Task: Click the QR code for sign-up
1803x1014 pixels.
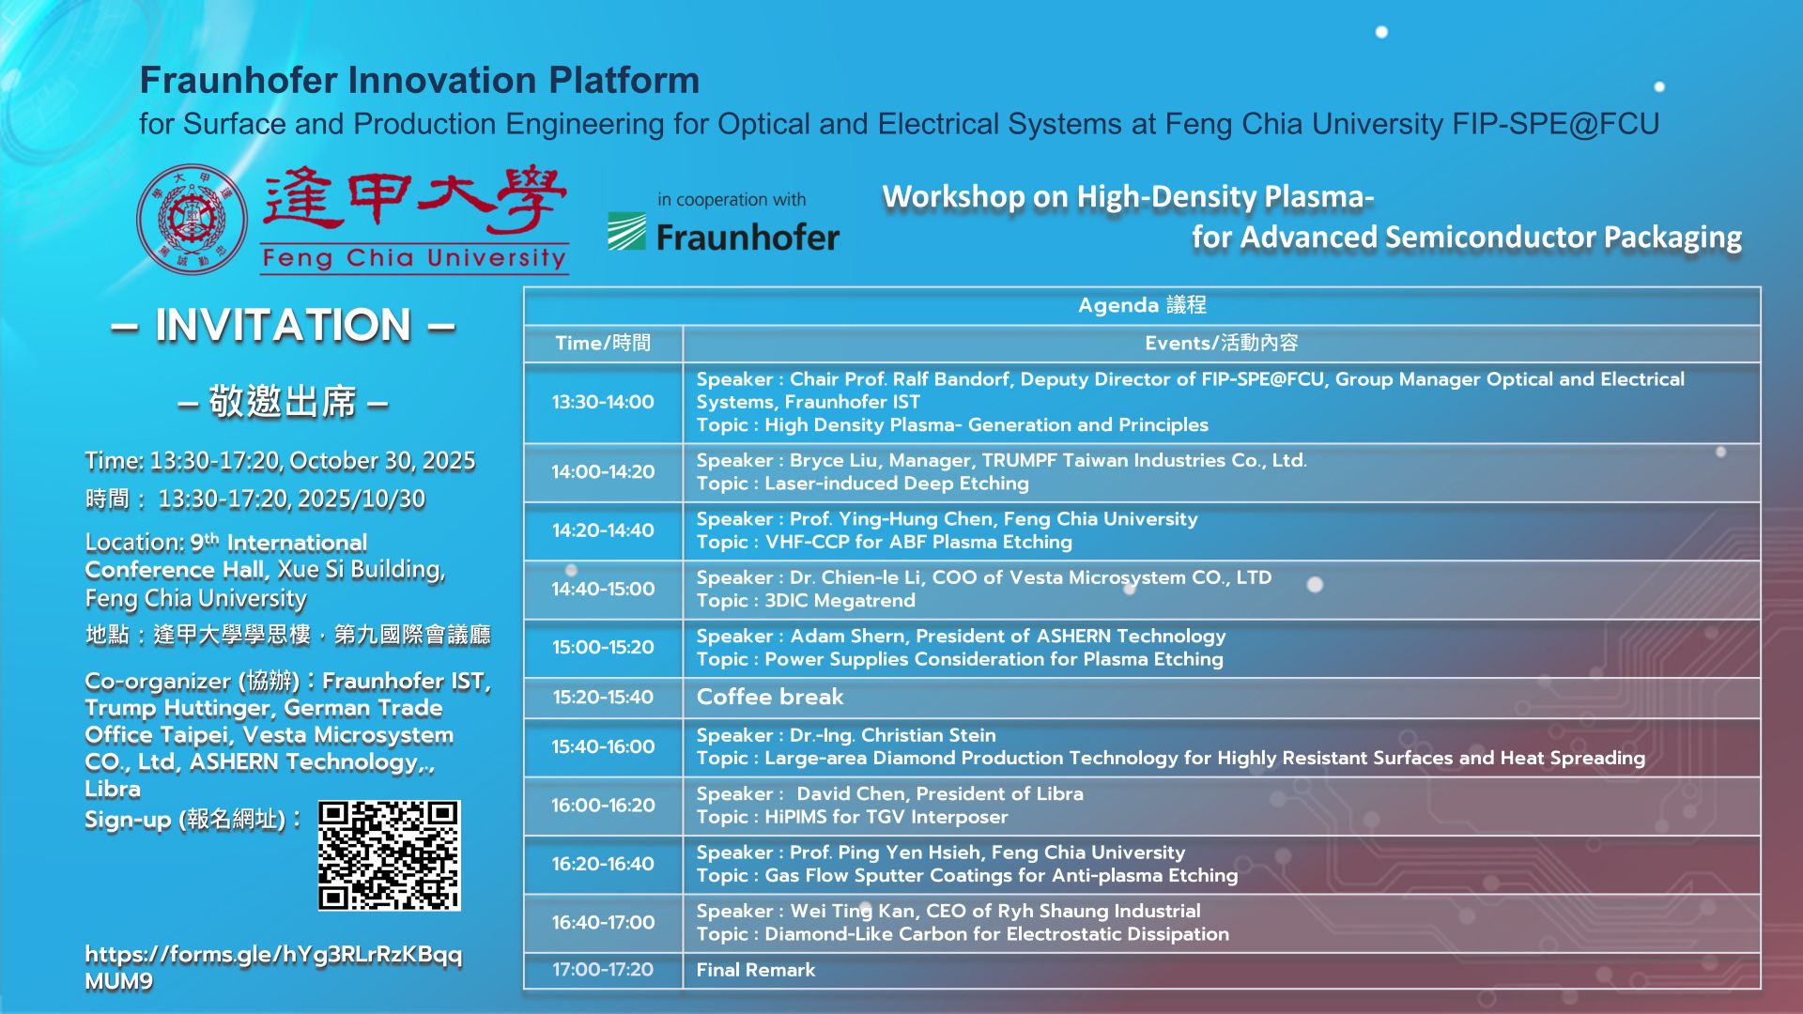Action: pos(389,855)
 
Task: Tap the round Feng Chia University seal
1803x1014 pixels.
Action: pos(193,220)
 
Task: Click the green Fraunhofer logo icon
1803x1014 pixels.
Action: pos(626,232)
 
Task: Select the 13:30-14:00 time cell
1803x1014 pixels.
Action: pos(603,402)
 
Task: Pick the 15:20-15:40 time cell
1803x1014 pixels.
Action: pos(603,697)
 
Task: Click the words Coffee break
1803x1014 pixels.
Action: pos(770,697)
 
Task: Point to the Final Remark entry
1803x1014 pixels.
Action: pos(756,970)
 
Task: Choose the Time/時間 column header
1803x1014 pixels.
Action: pos(603,343)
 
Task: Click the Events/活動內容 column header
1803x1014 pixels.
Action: pos(1222,343)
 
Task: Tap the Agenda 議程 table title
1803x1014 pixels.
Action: pos(1142,305)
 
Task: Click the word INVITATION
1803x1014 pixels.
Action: pos(284,326)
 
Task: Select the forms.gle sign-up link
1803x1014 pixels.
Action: pos(273,967)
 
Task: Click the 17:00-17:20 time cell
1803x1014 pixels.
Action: pos(603,970)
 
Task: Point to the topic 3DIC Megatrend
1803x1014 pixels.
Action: pos(840,601)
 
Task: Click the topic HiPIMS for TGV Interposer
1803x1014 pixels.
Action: pos(886,817)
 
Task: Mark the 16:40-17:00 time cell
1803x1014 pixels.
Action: pos(603,923)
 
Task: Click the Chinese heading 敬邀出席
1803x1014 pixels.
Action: pos(283,402)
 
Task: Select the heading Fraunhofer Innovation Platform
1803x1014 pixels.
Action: pos(420,81)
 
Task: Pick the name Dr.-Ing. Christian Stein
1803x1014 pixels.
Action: pos(893,735)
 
